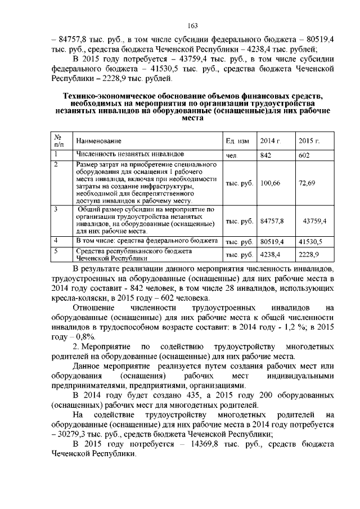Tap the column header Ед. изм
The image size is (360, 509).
[x=237, y=140]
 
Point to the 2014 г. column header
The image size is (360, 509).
[x=270, y=140]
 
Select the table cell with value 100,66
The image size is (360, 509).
[x=271, y=183]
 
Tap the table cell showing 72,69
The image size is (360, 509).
[x=307, y=183]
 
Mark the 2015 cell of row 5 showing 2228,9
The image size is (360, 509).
[x=308, y=254]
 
